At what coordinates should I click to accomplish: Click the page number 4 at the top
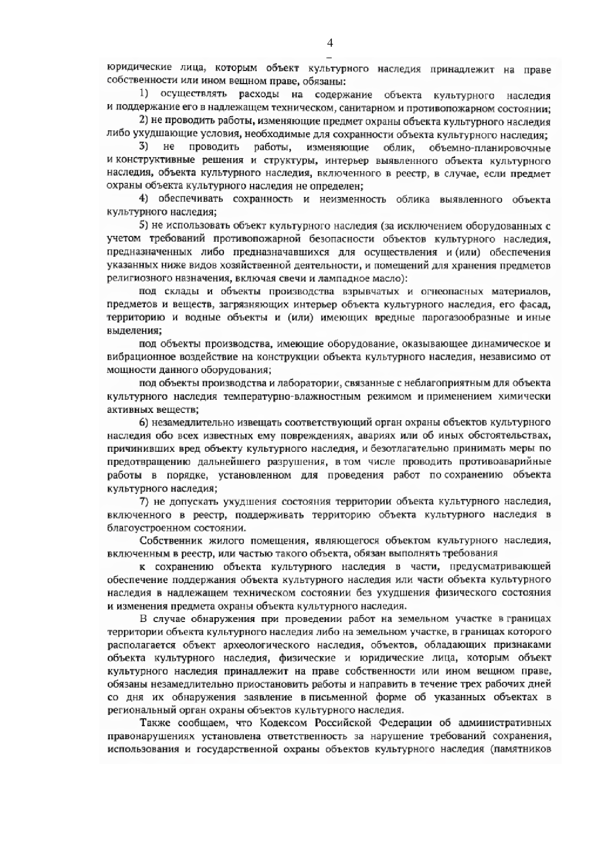(330, 43)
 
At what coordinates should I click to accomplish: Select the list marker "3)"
(144, 147)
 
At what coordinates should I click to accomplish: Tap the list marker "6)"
(144, 422)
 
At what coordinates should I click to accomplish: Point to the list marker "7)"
(144, 501)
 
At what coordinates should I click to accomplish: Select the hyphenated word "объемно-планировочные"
(490, 148)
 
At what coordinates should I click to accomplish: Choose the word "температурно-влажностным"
(292, 396)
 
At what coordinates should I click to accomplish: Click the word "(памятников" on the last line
(520, 749)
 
